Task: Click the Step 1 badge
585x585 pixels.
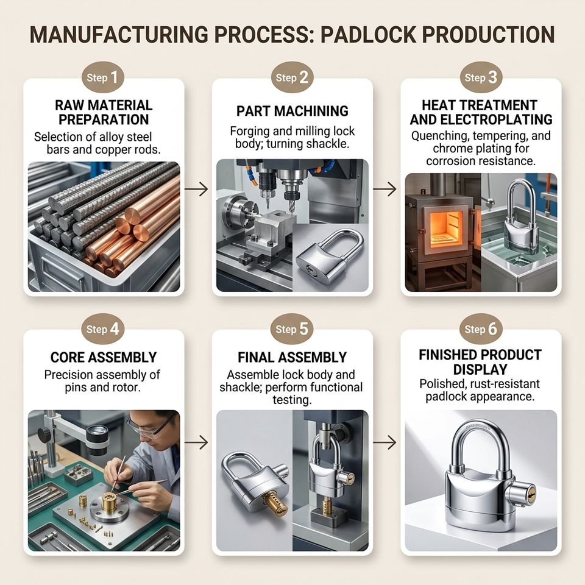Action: (x=102, y=77)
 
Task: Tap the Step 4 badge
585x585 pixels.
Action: (x=102, y=329)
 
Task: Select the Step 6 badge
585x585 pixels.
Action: (x=481, y=329)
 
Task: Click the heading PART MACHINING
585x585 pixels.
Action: (x=292, y=111)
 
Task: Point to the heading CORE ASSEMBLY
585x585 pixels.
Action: (x=104, y=357)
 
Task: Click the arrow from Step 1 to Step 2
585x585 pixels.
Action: (x=196, y=189)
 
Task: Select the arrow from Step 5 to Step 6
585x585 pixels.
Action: (x=385, y=442)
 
